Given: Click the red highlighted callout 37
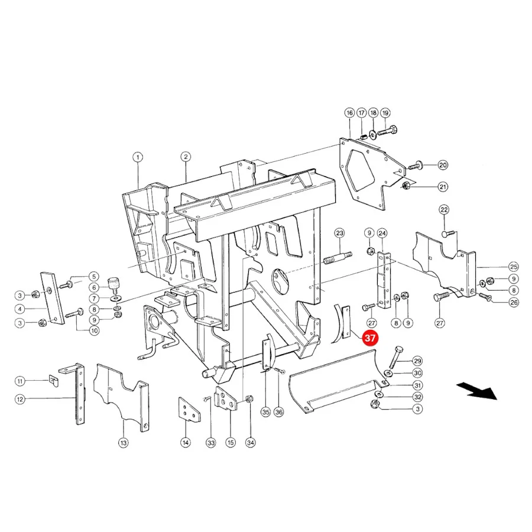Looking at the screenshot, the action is pyautogui.click(x=369, y=338).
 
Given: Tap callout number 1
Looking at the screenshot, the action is pyautogui.click(x=138, y=157).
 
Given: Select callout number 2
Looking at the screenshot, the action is pyautogui.click(x=186, y=157).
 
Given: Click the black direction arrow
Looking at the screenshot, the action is pyautogui.click(x=476, y=391).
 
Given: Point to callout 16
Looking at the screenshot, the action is pyautogui.click(x=349, y=113).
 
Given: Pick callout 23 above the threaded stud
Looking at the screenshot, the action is pyautogui.click(x=340, y=233).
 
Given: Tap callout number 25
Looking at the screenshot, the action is pyautogui.click(x=513, y=267).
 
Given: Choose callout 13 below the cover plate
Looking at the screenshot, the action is pyautogui.click(x=123, y=443).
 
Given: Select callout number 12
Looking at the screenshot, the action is pyautogui.click(x=20, y=400).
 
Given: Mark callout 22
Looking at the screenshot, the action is pyautogui.click(x=444, y=210).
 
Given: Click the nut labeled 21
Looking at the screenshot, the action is pyautogui.click(x=406, y=186).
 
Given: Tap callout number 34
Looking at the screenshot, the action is pyautogui.click(x=251, y=442).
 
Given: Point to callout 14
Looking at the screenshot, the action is pyautogui.click(x=186, y=442).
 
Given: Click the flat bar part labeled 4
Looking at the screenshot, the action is pyautogui.click(x=52, y=299).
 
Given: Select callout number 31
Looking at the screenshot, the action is pyautogui.click(x=418, y=385).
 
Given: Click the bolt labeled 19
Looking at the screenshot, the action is pyautogui.click(x=387, y=131).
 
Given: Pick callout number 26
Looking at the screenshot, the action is pyautogui.click(x=514, y=302).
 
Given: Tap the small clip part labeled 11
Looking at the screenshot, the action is pyautogui.click(x=53, y=380).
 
